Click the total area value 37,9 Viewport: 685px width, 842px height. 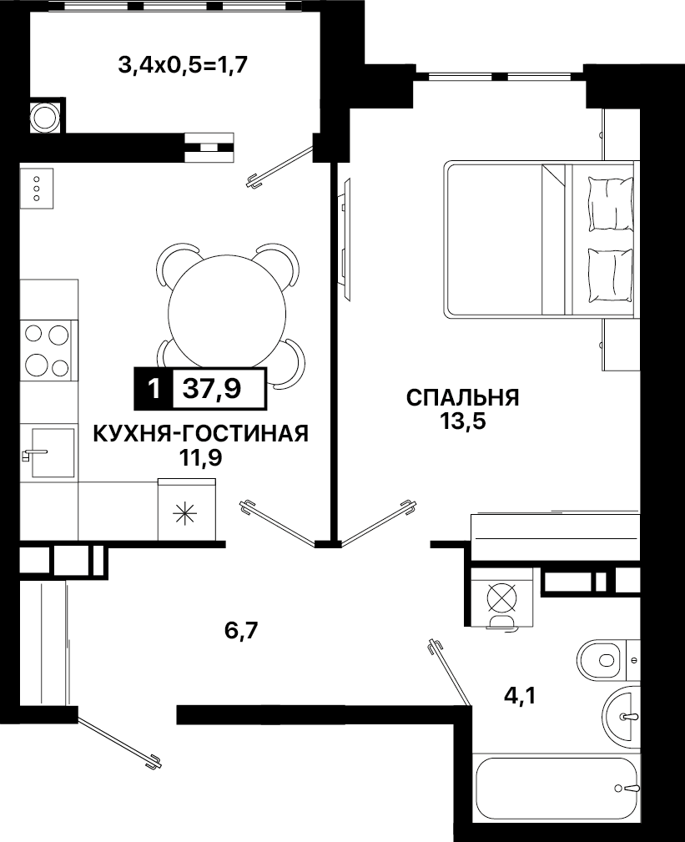pos(212,389)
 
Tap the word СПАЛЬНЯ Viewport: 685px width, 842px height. pos(463,398)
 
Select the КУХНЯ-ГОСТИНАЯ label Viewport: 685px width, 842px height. pos(201,434)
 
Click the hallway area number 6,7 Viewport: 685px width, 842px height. pos(242,630)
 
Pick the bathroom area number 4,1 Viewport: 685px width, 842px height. pos(520,697)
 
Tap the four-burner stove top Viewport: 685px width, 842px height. pos(46,350)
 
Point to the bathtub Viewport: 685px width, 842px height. pos(557,788)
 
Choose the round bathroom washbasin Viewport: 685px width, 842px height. pos(622,716)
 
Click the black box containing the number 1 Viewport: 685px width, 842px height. pos(154,389)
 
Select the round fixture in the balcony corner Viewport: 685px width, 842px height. pos(45,115)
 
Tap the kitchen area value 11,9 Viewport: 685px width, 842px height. pos(200,458)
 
